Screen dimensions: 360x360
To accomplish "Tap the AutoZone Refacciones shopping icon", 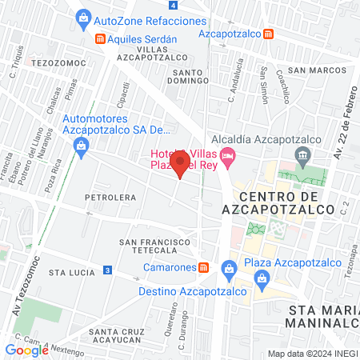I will pos(82,16).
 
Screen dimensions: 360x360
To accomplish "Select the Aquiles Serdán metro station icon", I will pos(99,38).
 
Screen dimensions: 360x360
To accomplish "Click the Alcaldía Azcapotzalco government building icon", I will pos(302,154).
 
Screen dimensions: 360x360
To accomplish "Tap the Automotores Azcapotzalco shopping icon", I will pos(81,145).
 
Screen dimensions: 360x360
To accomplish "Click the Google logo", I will pos(26,349).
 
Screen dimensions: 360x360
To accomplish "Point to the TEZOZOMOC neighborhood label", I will pos(54,61).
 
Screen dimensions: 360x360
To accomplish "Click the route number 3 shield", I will pos(107,271).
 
